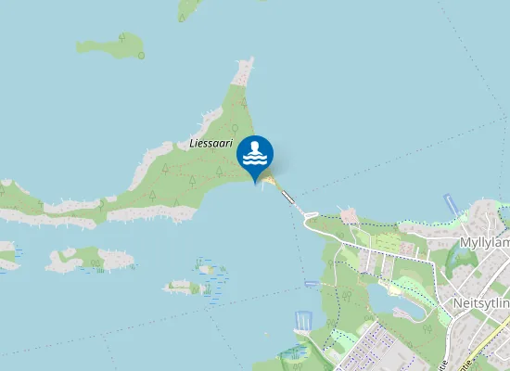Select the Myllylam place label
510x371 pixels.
484,242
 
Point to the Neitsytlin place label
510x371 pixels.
480,303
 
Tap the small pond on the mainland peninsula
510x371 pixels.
393,299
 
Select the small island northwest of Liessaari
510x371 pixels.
111,46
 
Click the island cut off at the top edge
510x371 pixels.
190,8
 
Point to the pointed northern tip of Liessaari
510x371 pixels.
246,65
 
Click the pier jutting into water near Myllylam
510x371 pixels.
452,204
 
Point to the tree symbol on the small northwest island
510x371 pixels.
121,37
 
